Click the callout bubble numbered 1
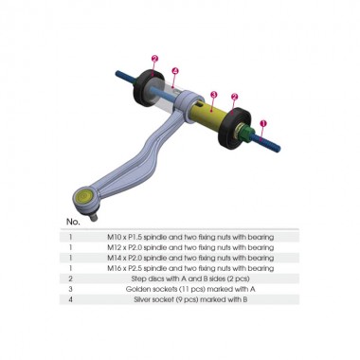(x=264, y=123)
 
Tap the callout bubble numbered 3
(x=213, y=95)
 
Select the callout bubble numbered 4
(x=176, y=71)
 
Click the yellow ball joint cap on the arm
(x=83, y=197)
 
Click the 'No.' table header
(x=73, y=222)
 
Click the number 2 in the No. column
(x=70, y=279)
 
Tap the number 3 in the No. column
(x=70, y=289)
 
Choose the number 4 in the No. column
(x=70, y=299)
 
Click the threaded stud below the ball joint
(x=93, y=217)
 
